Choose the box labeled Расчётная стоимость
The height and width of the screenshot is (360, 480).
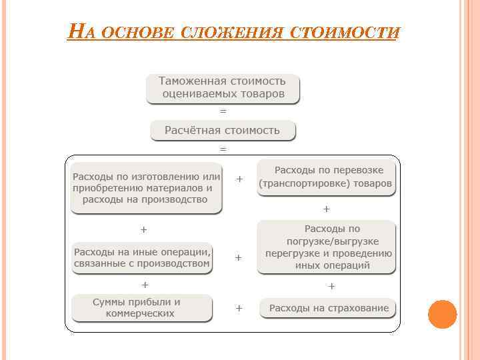coord(223,130)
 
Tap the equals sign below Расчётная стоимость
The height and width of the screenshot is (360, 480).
coord(223,148)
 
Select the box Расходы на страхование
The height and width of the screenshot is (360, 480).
coord(328,308)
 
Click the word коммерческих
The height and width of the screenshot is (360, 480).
coord(144,313)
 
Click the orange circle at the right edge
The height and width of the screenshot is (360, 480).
coord(442,314)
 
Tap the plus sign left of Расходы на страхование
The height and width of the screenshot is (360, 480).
coord(239,308)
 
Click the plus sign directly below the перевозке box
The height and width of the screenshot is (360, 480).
coord(327,209)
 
